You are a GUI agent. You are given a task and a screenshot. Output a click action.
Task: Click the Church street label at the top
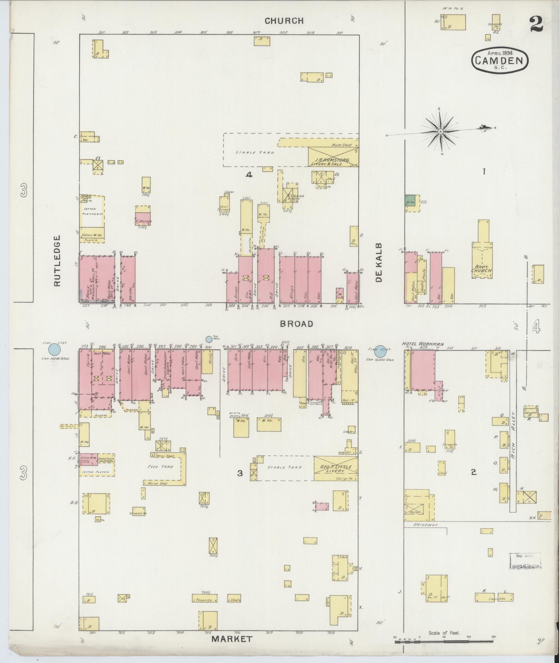point(284,21)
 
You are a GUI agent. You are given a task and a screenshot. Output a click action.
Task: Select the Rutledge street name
point(57,261)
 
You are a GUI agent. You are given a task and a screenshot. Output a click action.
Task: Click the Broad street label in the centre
point(297,324)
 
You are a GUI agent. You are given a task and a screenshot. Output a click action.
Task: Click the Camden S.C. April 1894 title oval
point(500,60)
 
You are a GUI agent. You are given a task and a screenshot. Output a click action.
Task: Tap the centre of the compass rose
point(440,132)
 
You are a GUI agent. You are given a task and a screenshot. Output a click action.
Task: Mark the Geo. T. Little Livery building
point(335,469)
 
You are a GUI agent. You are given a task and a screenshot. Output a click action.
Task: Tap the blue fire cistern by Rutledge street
point(54,349)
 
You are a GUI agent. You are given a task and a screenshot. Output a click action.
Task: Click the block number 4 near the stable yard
point(248,175)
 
